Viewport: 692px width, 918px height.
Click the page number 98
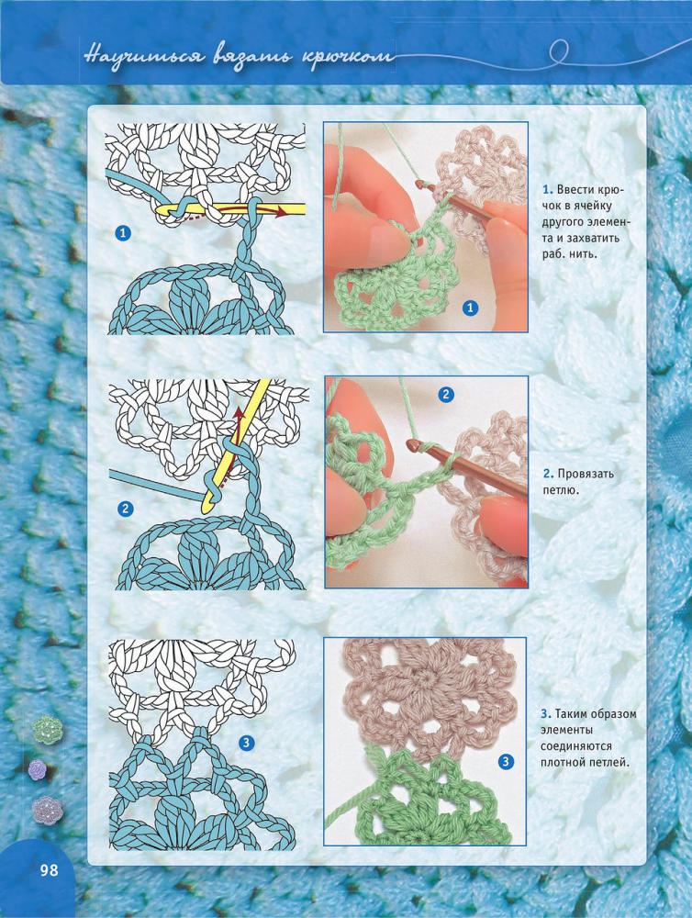50,869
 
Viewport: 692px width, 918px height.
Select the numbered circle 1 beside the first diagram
123,233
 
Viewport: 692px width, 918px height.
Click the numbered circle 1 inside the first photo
470,307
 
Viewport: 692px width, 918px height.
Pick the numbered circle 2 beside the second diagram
125,509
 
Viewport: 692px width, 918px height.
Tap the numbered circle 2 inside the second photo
446,395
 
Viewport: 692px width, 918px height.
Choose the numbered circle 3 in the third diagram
247,743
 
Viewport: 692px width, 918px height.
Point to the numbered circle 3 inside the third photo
506,762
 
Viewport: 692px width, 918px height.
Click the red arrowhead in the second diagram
239,413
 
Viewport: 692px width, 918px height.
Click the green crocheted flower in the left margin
47,728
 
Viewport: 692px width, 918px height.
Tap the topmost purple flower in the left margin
38,769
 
